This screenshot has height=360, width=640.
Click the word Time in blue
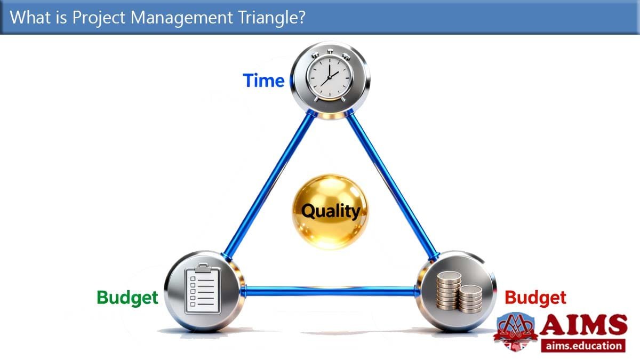(263, 81)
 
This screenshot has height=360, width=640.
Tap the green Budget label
(127, 298)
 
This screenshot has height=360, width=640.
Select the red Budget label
(535, 298)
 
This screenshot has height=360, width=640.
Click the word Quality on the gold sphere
(331, 211)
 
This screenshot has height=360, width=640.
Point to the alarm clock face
(330, 77)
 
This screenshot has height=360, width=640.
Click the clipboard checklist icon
(203, 289)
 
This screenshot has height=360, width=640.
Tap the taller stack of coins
(449, 291)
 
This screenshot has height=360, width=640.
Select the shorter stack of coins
(470, 299)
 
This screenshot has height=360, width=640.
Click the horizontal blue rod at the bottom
(330, 291)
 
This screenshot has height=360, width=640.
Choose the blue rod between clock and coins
(392, 185)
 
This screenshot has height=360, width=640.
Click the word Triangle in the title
(271, 18)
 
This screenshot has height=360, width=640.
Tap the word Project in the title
(99, 18)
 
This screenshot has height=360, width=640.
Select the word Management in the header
(182, 18)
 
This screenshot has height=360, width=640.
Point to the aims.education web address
(583, 346)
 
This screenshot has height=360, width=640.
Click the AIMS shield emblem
(515, 331)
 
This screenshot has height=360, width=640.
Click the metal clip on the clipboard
(203, 268)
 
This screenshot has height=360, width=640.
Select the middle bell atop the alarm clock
(330, 51)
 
